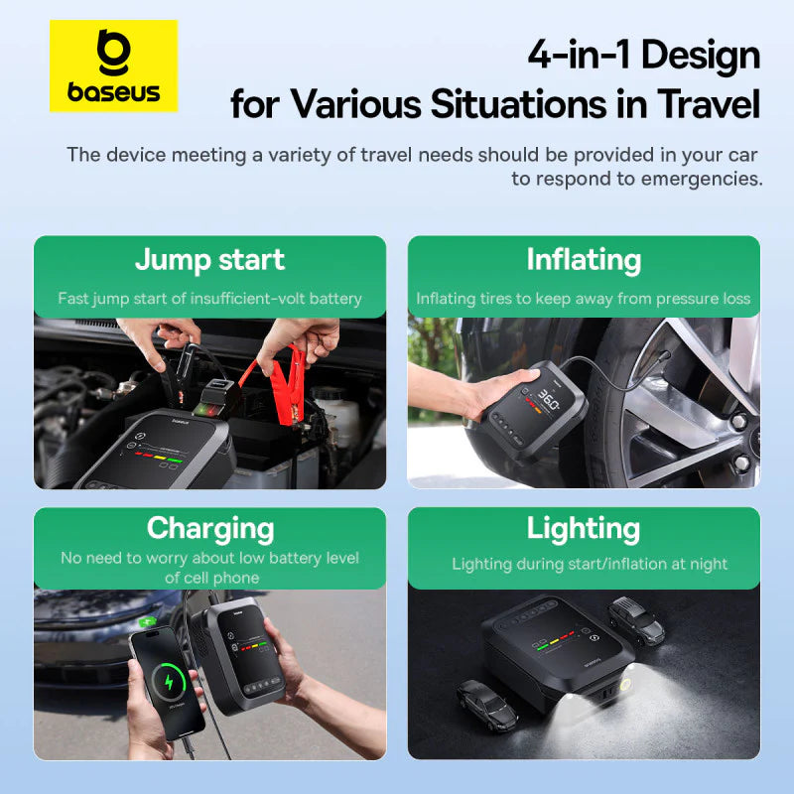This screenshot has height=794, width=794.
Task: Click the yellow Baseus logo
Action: (113, 66)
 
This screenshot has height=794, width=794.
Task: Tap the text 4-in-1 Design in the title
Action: (643, 55)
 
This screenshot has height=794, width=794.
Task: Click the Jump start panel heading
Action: (209, 260)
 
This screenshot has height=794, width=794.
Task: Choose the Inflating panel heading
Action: (584, 260)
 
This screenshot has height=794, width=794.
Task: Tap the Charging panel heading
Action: (209, 527)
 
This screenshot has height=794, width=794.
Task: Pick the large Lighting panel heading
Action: (584, 527)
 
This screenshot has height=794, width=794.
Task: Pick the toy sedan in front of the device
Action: (489, 701)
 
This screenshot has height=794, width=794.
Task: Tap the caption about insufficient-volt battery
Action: (209, 299)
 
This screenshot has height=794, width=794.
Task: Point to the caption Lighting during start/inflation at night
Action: (590, 564)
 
